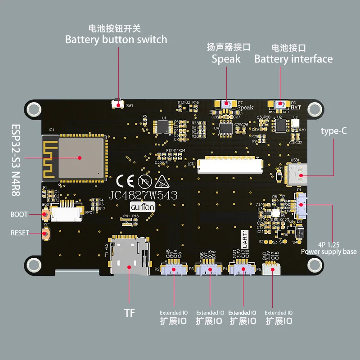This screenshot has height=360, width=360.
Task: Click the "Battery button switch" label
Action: point(116,40)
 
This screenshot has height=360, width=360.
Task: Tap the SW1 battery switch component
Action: point(118,104)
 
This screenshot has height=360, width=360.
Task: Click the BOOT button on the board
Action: point(45,215)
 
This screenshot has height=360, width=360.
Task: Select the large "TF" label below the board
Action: point(129,312)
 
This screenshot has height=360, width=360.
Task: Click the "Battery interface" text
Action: point(293,59)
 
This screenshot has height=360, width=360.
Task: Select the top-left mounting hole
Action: point(33,108)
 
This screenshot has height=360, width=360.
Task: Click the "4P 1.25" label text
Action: point(328,245)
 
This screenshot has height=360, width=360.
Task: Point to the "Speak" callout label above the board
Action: point(226,59)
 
